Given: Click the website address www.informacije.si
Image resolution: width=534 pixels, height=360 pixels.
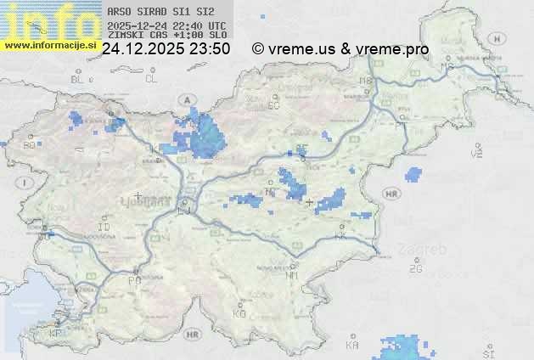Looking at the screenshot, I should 48,45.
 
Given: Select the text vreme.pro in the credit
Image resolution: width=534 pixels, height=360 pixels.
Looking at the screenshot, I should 391,49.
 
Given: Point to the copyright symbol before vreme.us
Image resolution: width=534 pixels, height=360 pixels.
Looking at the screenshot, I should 258,49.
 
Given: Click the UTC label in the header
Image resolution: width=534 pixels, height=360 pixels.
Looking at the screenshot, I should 216,25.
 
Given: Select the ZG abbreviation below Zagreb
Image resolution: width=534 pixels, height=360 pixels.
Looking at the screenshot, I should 416,269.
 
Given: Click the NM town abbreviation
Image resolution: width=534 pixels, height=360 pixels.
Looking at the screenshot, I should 293,276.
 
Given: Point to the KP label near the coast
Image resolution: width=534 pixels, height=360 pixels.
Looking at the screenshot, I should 56,334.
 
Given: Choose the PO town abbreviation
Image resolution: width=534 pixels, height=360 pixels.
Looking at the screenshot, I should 134,280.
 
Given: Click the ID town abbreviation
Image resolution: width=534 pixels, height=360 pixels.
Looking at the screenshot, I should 104,228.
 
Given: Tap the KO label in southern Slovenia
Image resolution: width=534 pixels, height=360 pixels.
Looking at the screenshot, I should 239,313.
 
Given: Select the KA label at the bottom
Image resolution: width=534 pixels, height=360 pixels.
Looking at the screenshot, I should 352,346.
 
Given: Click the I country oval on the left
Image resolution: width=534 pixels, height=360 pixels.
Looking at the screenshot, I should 26,183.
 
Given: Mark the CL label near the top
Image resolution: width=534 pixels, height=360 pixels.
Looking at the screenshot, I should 151,79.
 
